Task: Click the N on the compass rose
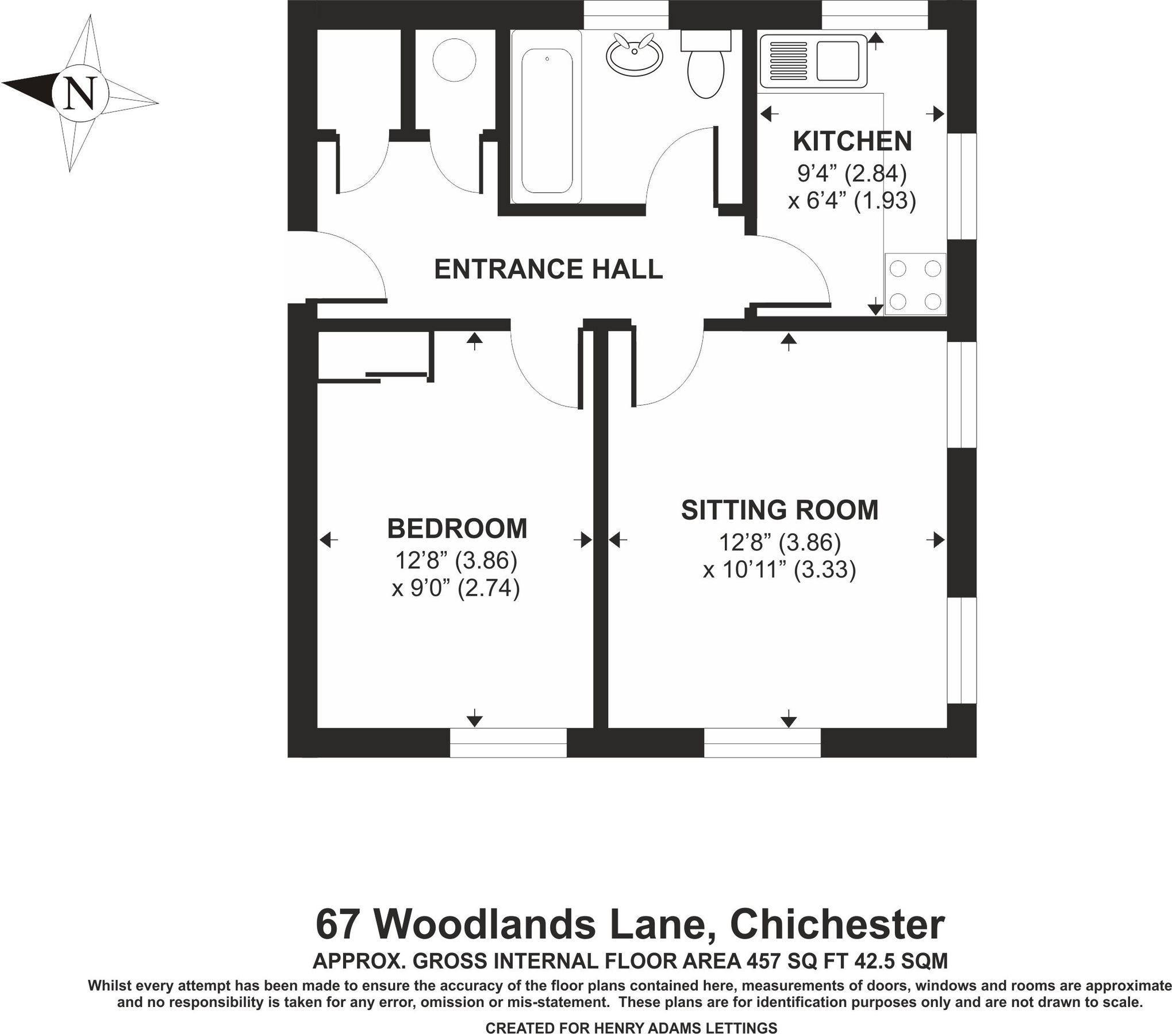point(80,93)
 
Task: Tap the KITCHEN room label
point(852,141)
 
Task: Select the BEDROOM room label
point(457,528)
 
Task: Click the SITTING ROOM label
point(779,510)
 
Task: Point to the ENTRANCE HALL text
point(548,269)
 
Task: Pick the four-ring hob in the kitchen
point(915,284)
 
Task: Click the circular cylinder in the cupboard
point(454,60)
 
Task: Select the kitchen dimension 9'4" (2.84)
point(852,173)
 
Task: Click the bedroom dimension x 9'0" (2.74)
point(456,588)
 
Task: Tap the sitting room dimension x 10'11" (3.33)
point(779,570)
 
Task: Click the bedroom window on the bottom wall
point(508,742)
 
